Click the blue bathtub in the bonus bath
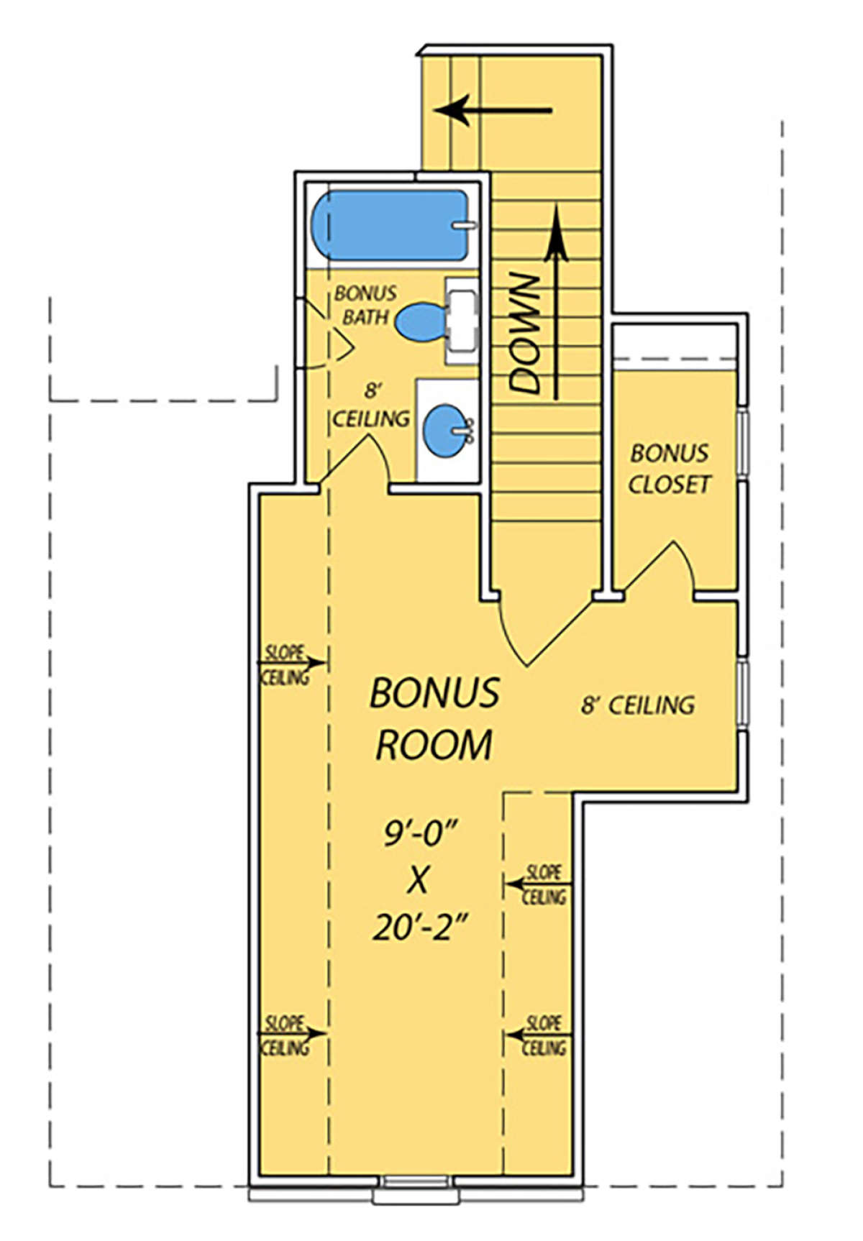pyautogui.click(x=389, y=226)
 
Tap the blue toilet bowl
pyautogui.click(x=420, y=322)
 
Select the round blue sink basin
pyautogui.click(x=444, y=430)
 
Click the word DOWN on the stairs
pyautogui.click(x=525, y=334)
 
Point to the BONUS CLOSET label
pyautogui.click(x=670, y=468)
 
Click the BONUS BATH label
pyautogui.click(x=365, y=305)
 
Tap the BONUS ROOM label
pyautogui.click(x=434, y=718)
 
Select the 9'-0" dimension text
pyautogui.click(x=421, y=833)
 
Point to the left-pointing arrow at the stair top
pyautogui.click(x=493, y=111)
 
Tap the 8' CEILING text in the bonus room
pyautogui.click(x=638, y=705)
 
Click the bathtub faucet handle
pyautogui.click(x=465, y=225)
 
